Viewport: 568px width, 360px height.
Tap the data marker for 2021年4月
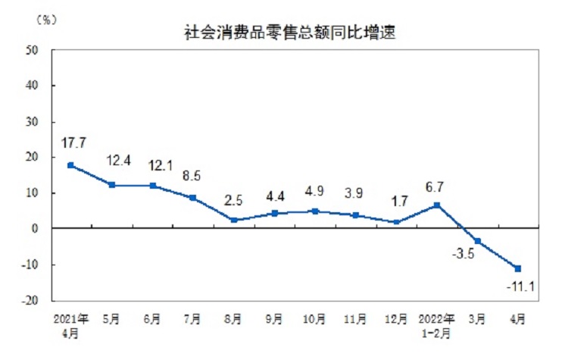[70, 165]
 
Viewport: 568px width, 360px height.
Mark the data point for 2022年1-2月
[437, 205]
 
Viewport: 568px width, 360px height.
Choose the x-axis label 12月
[396, 318]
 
